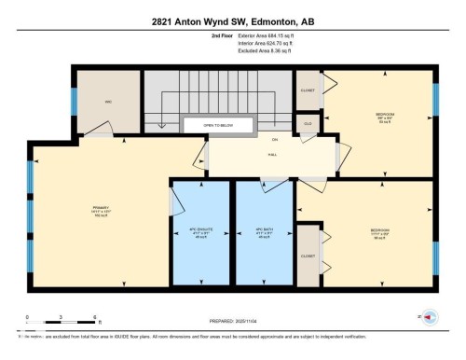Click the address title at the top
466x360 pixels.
pos(232,19)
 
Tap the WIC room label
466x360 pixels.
pos(108,100)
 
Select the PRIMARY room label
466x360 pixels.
pos(101,207)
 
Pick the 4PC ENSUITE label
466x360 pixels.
pos(200,228)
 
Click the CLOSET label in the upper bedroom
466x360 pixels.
pos(308,90)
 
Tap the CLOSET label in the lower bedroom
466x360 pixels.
pos(308,254)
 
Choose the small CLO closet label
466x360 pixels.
pos(308,122)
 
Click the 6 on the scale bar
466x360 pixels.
pos(96,317)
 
